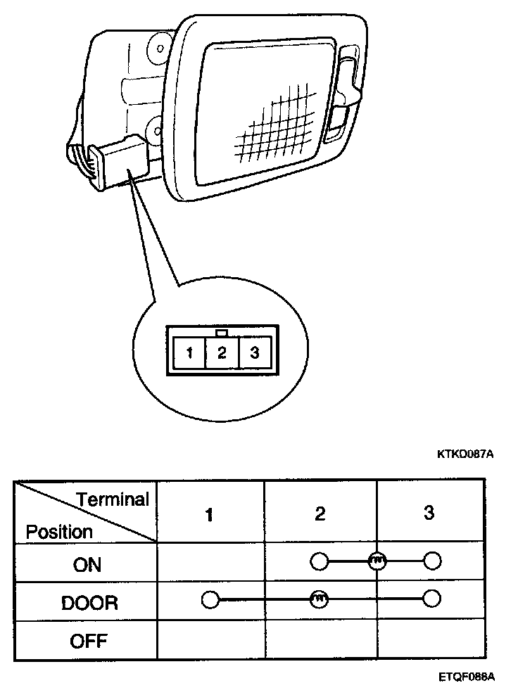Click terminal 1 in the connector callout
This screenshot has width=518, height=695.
(189, 352)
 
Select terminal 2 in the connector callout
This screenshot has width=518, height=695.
(222, 352)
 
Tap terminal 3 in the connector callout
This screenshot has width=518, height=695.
(254, 352)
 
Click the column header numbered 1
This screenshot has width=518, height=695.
(209, 514)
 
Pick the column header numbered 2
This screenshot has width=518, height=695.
(320, 514)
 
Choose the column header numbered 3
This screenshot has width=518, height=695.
(429, 513)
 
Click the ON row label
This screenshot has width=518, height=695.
(87, 564)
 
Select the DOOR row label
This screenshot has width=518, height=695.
(89, 603)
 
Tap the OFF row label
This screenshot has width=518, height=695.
(88, 642)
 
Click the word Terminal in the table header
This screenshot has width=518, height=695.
(113, 500)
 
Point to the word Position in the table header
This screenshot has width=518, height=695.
(59, 532)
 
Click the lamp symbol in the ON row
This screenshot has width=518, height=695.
(376, 561)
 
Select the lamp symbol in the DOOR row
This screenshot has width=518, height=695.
(319, 599)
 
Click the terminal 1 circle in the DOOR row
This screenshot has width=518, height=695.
(210, 599)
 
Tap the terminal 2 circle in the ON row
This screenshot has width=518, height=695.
(319, 561)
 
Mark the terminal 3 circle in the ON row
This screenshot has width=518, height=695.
(432, 561)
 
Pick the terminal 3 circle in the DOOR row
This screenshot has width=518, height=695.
(432, 599)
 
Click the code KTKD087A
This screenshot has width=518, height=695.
(465, 454)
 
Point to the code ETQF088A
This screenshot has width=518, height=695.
(466, 677)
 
